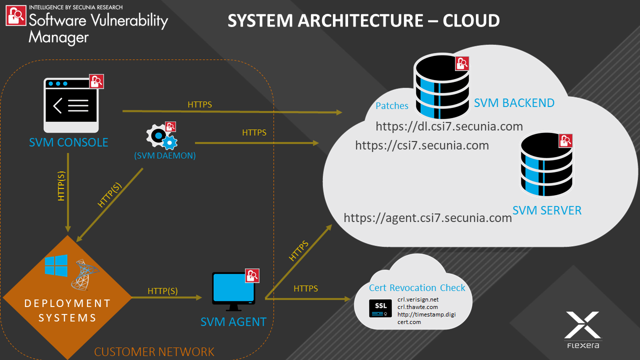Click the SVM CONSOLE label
(68, 142)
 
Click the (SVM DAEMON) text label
(165, 155)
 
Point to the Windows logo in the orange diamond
(56, 265)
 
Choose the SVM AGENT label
(233, 321)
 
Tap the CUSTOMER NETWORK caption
(154, 352)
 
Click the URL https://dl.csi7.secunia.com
(449, 126)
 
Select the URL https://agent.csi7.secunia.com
(428, 218)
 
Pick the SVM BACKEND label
(514, 103)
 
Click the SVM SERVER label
(547, 210)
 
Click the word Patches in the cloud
(392, 106)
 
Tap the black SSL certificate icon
(380, 308)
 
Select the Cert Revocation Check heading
(417, 287)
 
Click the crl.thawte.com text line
(417, 307)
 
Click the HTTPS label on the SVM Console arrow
(200, 104)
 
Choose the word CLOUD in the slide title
(471, 21)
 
